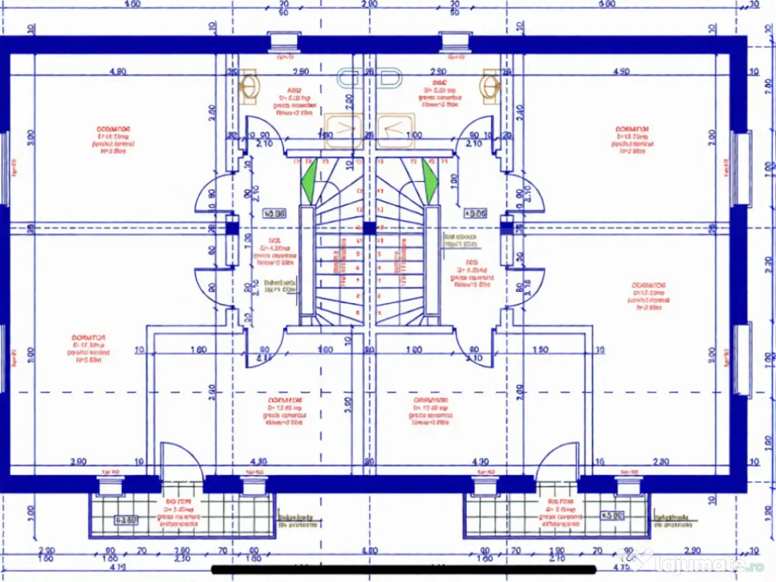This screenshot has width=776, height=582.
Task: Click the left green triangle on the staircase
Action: point(308,183)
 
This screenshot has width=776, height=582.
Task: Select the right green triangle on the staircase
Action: point(430,183)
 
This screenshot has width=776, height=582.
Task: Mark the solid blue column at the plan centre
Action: point(368,227)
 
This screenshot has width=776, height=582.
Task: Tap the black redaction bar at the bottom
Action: point(406,569)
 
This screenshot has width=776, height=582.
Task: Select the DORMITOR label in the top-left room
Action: point(113,129)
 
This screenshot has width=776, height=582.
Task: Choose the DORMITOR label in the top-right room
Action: point(632,129)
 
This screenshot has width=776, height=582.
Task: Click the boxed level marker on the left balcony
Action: point(126,520)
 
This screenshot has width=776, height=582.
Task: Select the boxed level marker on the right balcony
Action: point(612,517)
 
